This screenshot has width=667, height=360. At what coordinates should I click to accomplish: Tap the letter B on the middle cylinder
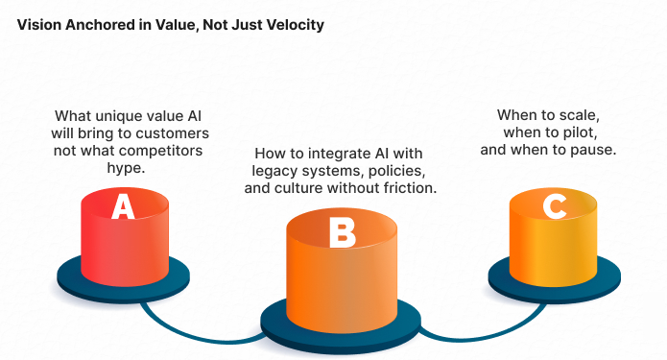(x=342, y=233)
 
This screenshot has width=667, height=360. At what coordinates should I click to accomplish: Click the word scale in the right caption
(x=578, y=115)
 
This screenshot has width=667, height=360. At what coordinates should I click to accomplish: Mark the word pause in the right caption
(x=594, y=150)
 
